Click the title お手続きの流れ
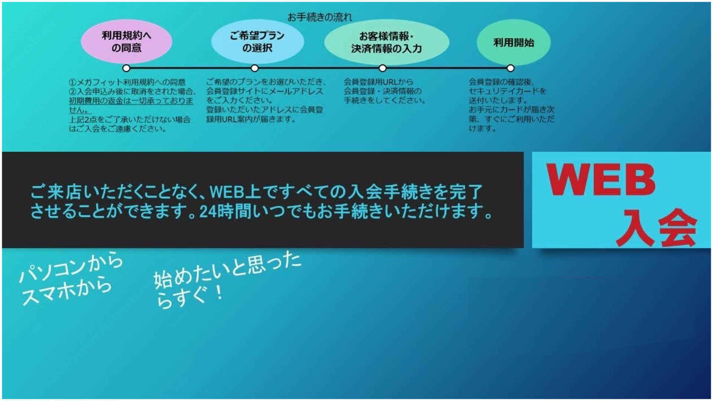point(320,17)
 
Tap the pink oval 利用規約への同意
point(126,42)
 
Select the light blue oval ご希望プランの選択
point(257,42)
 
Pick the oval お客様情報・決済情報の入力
point(387,42)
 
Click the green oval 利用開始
point(514,42)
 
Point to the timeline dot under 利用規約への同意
point(126,68)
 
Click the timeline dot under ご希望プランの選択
point(254,68)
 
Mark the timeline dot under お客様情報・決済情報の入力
point(382,68)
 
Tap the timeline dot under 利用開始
point(511,68)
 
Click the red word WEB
point(601,180)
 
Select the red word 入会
point(656,227)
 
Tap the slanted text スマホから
point(67,292)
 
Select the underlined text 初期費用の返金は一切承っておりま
point(131,101)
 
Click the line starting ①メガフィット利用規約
point(127,82)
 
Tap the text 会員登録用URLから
point(378,82)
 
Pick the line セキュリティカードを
point(507,91)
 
